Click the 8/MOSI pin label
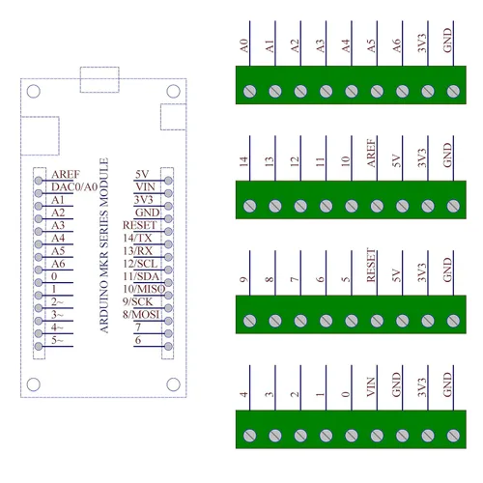[x=142, y=315]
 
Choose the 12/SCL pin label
[x=140, y=263]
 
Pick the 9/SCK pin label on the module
[x=139, y=302]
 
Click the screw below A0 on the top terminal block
[x=250, y=92]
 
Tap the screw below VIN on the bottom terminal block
[x=377, y=435]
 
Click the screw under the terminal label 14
[x=250, y=206]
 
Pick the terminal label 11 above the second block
[x=320, y=160]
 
